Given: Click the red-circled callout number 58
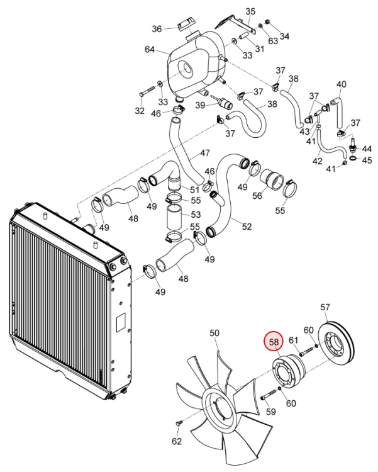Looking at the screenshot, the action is [274, 342].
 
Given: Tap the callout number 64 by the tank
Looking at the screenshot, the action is [150, 49].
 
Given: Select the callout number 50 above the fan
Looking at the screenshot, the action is [214, 333].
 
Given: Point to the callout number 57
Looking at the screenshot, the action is [325, 307].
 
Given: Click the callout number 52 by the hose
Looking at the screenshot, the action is [247, 227].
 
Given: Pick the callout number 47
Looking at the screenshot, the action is [204, 153].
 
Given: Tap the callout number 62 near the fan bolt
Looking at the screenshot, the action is [177, 441].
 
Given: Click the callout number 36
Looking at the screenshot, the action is [157, 29].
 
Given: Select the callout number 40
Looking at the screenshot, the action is [341, 84].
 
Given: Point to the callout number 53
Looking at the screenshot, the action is [196, 215].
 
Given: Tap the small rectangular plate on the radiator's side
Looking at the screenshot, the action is [121, 322].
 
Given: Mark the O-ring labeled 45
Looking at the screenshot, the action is [353, 158].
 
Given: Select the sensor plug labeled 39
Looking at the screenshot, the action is [222, 102].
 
